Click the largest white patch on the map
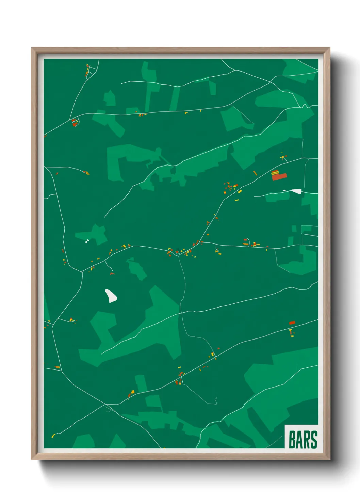tap(111, 296)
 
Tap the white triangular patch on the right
tap(297, 191)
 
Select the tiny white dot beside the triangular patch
tap(284, 190)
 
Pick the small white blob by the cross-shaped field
tap(87, 241)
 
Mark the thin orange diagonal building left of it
tap(255, 173)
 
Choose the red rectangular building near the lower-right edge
tap(292, 322)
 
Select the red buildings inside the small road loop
tap(75, 123)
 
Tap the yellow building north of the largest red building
tap(282, 157)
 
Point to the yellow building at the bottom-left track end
tap(53, 436)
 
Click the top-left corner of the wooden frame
tap(32, 48)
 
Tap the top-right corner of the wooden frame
tap(329, 48)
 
